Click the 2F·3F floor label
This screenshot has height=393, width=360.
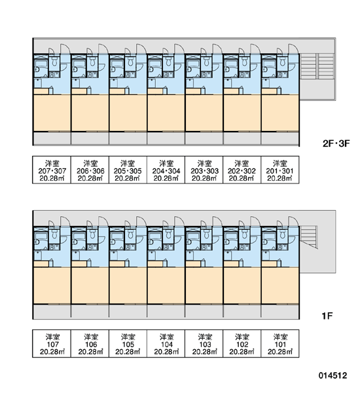pos(336,143)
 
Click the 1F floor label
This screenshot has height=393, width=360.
pos(327,316)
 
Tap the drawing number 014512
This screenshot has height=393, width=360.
pos(333,375)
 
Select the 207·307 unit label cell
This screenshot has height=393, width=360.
pos(52,170)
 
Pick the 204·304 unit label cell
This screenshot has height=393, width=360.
pos(166,170)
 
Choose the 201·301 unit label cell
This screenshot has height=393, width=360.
pos(280,170)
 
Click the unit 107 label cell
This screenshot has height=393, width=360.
pos(52,343)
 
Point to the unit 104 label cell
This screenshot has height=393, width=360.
pos(166,343)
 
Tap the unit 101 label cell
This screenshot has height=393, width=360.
pos(280,343)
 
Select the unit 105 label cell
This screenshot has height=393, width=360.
pos(128,343)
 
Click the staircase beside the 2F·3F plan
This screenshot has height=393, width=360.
pos(317,66)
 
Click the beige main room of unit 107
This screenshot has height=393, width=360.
pos(52,286)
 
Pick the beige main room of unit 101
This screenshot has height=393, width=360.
pos(280,286)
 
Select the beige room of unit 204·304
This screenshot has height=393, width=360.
pos(166,113)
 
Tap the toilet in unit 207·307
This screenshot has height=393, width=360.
pos(54,61)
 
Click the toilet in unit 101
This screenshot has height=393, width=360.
pos(282,234)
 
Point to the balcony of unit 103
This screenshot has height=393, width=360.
pos(204,312)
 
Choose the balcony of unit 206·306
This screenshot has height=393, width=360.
pos(90,138)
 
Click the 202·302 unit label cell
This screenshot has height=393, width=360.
pos(242,170)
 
